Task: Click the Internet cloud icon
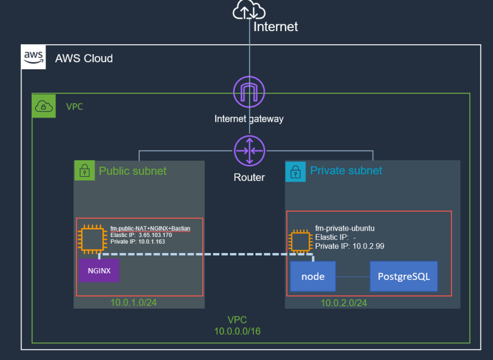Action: click(249, 11)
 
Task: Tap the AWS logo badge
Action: click(33, 57)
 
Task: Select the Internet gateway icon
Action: click(249, 94)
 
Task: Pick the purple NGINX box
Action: click(99, 270)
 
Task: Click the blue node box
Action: click(313, 276)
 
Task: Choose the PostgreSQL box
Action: click(403, 276)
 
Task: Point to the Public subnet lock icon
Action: click(84, 171)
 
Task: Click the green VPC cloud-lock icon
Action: click(44, 106)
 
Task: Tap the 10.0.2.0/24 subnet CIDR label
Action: click(344, 303)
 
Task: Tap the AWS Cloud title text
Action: click(84, 59)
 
